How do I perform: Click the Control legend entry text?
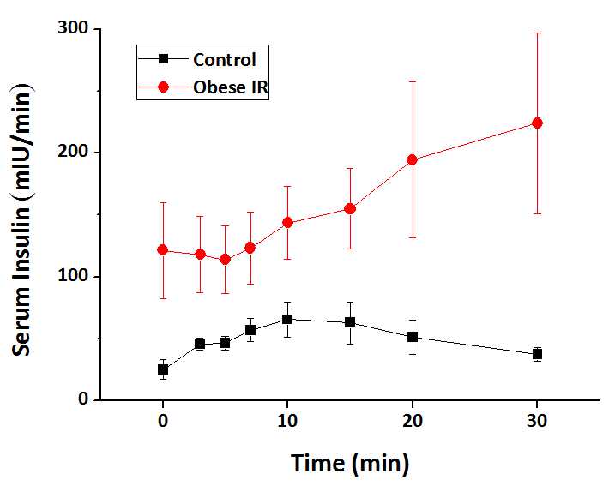pyautogui.click(x=224, y=60)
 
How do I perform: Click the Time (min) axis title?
pyautogui.click(x=350, y=464)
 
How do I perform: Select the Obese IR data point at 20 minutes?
pyautogui.click(x=413, y=159)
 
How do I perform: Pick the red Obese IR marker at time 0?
pyautogui.click(x=162, y=249)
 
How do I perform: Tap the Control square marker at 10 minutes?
pyautogui.click(x=287, y=319)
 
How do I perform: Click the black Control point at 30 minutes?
pyautogui.click(x=538, y=353)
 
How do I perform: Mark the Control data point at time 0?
pyautogui.click(x=162, y=369)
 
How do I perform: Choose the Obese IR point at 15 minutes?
pyautogui.click(x=350, y=208)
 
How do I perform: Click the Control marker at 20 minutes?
pyautogui.click(x=413, y=337)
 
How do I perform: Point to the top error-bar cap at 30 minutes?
pyautogui.click(x=538, y=33)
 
